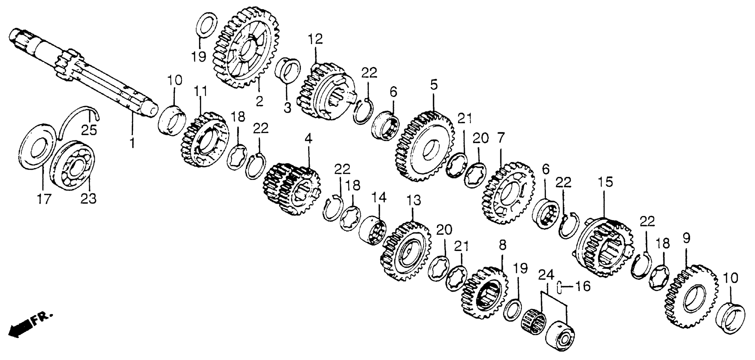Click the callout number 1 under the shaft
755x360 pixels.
pyautogui.click(x=132, y=143)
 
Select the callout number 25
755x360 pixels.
pyautogui.click(x=89, y=130)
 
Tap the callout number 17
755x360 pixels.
pyautogui.click(x=44, y=199)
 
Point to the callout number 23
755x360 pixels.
pyautogui.click(x=89, y=199)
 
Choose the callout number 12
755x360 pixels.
pyautogui.click(x=315, y=39)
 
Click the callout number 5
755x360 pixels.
pyautogui.click(x=434, y=85)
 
